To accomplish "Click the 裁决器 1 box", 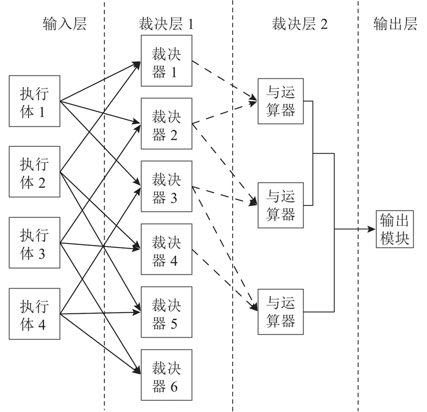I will coord(166,60).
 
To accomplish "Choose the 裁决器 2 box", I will coord(166,123).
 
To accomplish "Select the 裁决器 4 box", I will coord(166,249).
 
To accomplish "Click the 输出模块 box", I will coord(394,228).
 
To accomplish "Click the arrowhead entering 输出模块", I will coord(373,229).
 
